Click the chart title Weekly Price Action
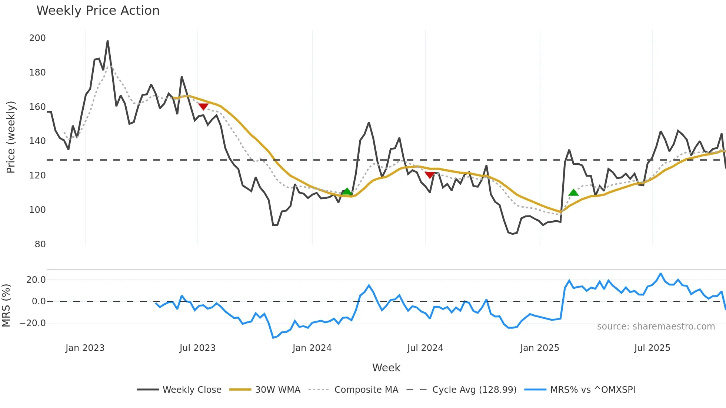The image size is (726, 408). point(98,11)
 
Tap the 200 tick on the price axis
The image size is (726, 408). point(37,38)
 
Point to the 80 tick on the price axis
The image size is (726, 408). point(40,244)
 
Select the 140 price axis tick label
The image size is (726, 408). point(37,141)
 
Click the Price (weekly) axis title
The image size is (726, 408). point(11,137)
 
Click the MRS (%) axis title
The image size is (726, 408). point(6,305)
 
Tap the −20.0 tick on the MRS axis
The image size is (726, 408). point(33,323)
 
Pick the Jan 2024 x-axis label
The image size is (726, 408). point(312,348)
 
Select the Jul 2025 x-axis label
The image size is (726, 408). point(652,348)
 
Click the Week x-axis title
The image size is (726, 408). point(386,368)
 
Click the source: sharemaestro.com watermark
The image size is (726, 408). point(656,327)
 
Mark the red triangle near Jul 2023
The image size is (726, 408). point(203,107)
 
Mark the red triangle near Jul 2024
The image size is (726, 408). point(430,175)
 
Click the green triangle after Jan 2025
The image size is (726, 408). point(573,193)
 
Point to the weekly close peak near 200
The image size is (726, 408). point(107,41)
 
